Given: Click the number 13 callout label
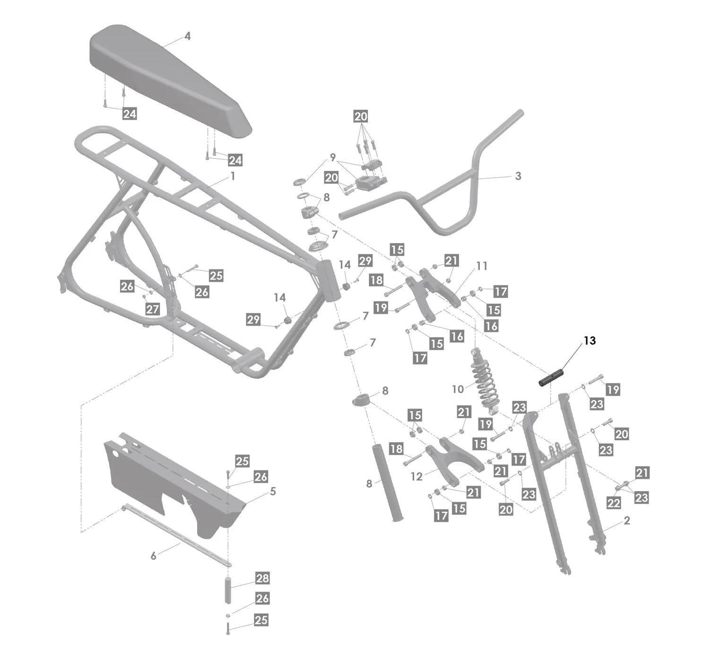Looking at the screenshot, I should click(x=590, y=340).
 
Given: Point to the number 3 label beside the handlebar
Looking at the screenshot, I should click(x=518, y=176).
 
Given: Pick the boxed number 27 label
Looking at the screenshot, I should click(x=152, y=309).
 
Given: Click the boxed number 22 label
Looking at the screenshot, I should click(x=613, y=503).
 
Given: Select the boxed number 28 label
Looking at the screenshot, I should click(x=262, y=578).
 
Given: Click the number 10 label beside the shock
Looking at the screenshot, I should click(x=458, y=389).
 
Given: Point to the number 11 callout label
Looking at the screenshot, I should click(x=481, y=266).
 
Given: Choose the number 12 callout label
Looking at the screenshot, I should click(x=416, y=476).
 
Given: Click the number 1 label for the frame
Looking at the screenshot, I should click(x=233, y=176).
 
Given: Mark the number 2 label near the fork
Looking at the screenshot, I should click(x=627, y=521).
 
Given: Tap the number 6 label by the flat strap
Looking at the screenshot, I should click(x=153, y=556).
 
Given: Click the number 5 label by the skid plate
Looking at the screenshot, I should click(x=273, y=491).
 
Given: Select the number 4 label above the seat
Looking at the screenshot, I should click(x=188, y=36).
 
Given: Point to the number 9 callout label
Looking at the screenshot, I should click(x=333, y=157).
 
